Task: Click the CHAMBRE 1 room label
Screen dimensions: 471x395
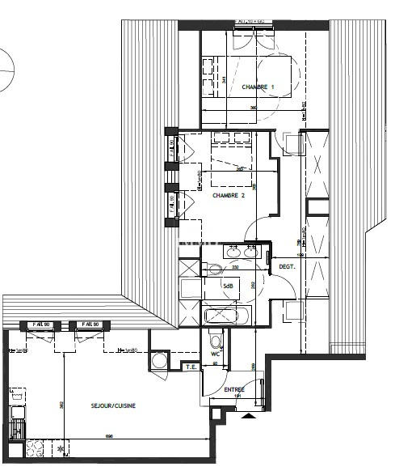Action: [258, 87]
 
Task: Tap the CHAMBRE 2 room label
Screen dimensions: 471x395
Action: [229, 195]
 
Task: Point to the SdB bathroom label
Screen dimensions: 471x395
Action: [229, 286]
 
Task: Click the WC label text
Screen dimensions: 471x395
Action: [216, 354]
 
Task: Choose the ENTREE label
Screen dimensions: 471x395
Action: [234, 390]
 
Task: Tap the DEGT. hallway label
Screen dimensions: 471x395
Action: [287, 266]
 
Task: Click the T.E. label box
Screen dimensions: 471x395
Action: [191, 367]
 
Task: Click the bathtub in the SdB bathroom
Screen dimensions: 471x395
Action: [229, 316]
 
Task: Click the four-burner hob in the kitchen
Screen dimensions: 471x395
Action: [36, 447]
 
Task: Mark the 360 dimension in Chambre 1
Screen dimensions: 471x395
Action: [253, 108]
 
